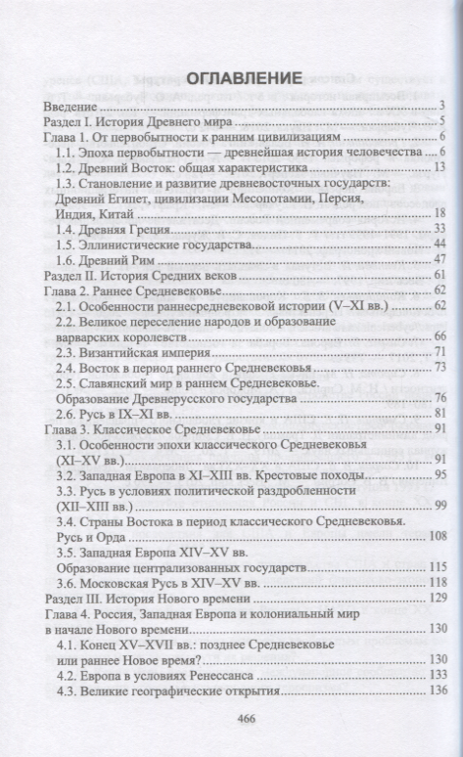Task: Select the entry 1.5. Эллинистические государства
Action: tap(147, 244)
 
